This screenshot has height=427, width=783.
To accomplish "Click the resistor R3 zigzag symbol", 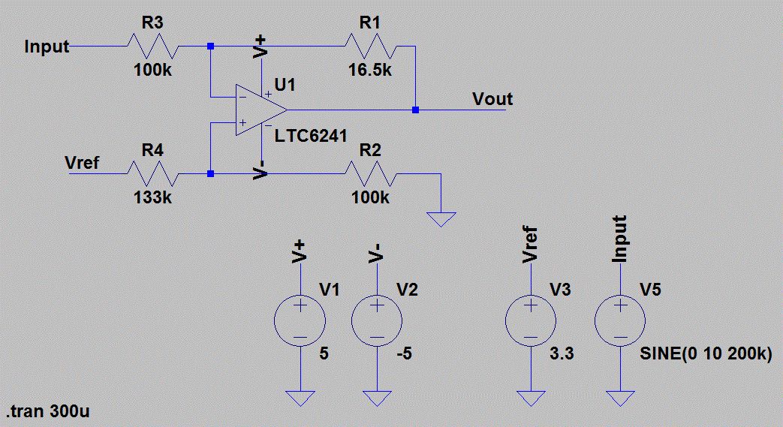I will (x=152, y=47).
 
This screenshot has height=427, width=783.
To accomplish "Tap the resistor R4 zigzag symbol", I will (x=152, y=174).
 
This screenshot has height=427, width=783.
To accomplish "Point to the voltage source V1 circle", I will (x=300, y=321).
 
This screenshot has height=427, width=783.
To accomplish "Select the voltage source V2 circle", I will (x=378, y=321).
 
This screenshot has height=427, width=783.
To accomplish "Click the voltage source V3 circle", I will (x=531, y=321).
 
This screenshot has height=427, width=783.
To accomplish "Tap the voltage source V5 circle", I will (x=620, y=321).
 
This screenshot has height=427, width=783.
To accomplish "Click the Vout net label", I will (x=492, y=98).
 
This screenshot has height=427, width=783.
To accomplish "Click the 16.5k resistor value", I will (x=369, y=71).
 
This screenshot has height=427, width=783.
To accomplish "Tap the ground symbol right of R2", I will (x=441, y=218).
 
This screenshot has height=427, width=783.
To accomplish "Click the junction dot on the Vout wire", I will (x=415, y=110).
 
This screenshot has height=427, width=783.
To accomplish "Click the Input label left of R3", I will (x=47, y=47).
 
